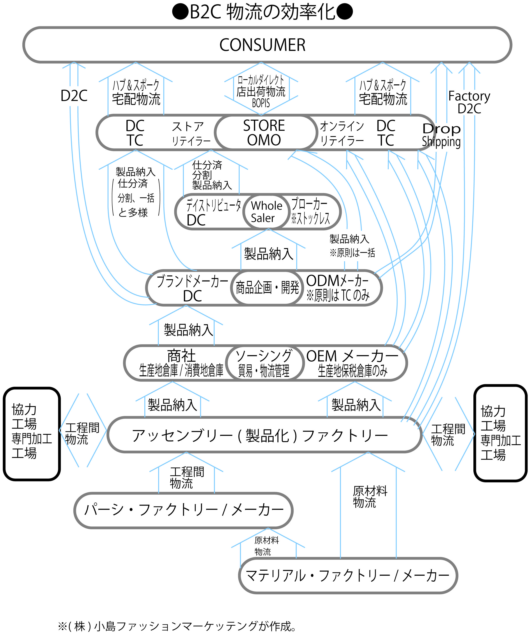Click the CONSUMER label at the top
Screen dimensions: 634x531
[x=262, y=45]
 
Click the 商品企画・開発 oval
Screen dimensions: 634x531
[x=267, y=287]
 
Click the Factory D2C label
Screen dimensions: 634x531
[x=469, y=102]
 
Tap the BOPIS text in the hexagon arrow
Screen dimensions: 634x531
[x=261, y=103]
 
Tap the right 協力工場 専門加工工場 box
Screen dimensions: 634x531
[x=500, y=433]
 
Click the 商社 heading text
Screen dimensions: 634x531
[x=181, y=356]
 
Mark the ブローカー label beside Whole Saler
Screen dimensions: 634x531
[x=309, y=204]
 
